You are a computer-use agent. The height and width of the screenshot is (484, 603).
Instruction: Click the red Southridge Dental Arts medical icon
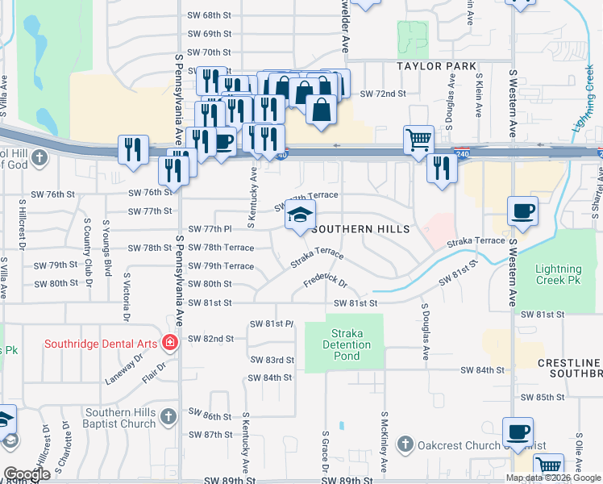coord(168,342)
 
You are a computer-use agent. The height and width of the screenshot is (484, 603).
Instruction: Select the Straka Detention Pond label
coord(349,344)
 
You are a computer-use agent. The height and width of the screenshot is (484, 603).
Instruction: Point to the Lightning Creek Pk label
coord(559,274)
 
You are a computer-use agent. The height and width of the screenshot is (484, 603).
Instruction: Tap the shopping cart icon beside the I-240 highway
coord(418,140)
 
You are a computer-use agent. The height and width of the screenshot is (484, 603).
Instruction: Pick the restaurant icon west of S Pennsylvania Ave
coord(134,149)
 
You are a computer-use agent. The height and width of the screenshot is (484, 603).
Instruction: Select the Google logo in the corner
coord(27,474)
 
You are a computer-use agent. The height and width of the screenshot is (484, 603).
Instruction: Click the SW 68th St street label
coord(210,15)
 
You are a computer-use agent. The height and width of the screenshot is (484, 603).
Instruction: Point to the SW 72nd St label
coord(382,94)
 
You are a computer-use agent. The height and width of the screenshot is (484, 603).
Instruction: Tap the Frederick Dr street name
coord(325,283)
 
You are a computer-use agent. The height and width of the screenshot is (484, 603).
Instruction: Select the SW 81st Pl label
coord(273,323)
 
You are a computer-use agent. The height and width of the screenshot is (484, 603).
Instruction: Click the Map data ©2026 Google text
coord(552,478)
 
